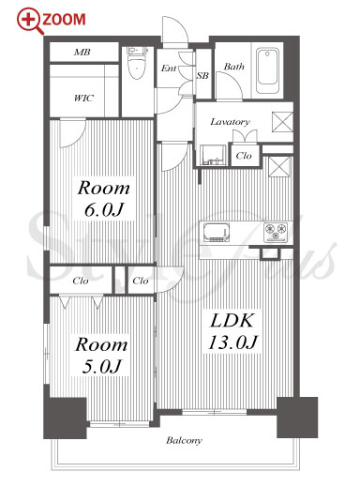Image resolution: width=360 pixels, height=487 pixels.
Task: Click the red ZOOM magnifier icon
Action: (29, 21)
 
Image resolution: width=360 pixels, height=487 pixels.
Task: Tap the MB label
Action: (82, 53)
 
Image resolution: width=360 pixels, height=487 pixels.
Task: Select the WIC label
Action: (83, 99)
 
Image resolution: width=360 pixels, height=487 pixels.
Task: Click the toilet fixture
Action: (137, 63)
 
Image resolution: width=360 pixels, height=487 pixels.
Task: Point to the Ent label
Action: (169, 68)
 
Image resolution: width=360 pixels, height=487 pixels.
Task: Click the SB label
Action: (202, 75)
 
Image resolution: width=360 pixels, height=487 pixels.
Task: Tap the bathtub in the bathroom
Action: (267, 70)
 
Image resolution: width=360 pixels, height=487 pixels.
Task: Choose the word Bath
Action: (234, 67)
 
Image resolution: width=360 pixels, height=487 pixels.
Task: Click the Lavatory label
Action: (230, 122)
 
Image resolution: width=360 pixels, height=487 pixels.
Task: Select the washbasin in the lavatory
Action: (213, 155)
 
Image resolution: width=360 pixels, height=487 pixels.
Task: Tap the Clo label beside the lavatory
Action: (244, 156)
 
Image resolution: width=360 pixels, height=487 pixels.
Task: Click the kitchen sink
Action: (217, 233)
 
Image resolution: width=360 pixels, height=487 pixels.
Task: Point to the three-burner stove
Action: (276, 233)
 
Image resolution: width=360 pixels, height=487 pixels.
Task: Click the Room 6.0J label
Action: (103, 199)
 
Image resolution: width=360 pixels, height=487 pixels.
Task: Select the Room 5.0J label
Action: (101, 356)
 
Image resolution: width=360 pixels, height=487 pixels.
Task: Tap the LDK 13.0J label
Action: (232, 332)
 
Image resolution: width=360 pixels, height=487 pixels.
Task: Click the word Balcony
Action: (184, 441)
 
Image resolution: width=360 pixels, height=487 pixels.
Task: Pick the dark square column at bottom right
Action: (297, 418)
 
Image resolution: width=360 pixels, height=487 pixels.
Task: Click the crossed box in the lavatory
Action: (282, 122)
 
